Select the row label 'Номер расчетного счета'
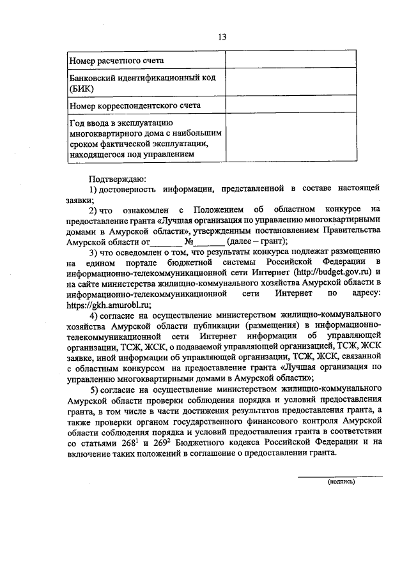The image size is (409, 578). point(116,61)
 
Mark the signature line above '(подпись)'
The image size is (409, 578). point(341,476)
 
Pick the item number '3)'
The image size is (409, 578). point(94,252)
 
